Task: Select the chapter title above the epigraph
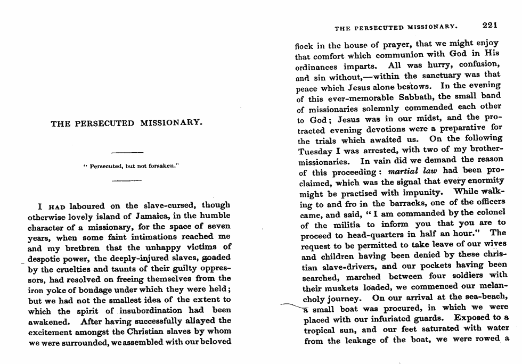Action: (127, 123)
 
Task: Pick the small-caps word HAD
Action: (56, 205)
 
